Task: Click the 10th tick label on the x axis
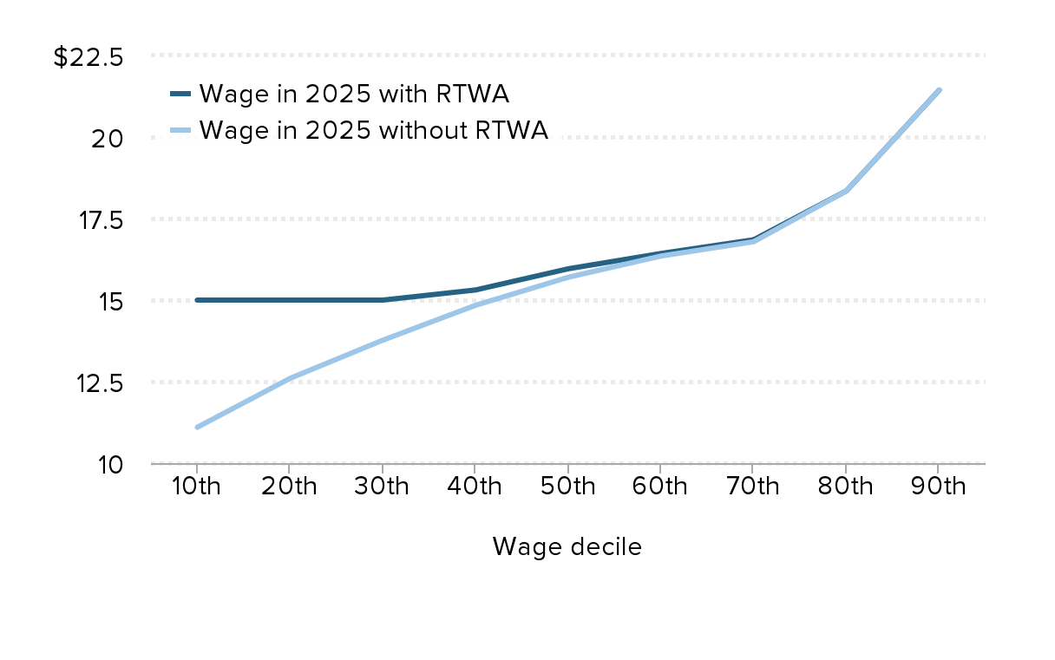coord(197,486)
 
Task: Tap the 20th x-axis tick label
coord(289,486)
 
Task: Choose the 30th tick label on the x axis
coord(382,486)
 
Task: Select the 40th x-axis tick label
coord(475,486)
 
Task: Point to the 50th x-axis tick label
coord(567,486)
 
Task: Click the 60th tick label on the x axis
coord(660,486)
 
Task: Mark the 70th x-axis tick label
coord(752,486)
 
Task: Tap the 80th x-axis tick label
coord(845,486)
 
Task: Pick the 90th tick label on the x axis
coord(938,486)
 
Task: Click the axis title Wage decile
coord(567,547)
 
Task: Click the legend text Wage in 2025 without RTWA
coord(373,131)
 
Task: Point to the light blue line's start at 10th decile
coord(198,427)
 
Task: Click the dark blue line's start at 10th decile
coord(198,300)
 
